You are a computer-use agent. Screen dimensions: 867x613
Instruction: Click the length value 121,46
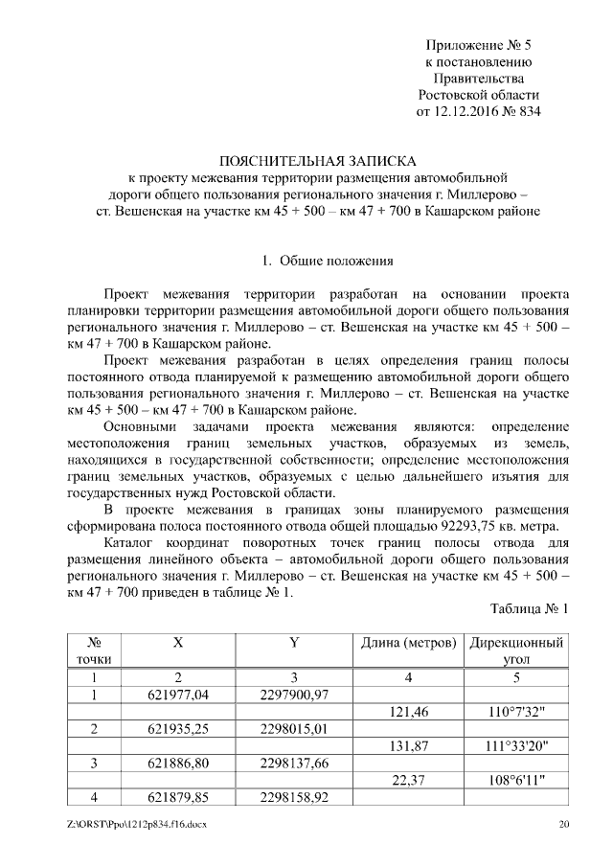[409, 711]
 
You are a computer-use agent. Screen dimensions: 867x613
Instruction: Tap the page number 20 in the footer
[563, 824]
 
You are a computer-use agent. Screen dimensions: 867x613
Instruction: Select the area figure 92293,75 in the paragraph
[471, 524]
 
